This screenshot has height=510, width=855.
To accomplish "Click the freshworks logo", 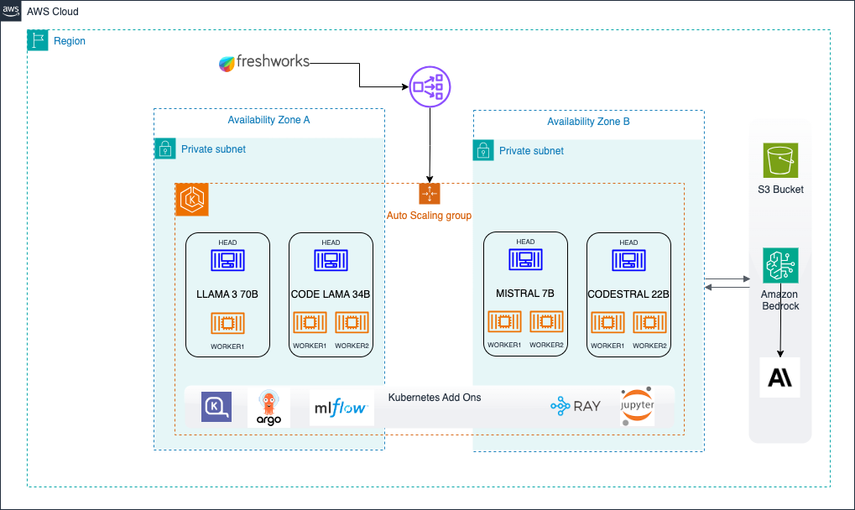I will (263, 62).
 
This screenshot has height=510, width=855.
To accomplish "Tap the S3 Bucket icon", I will (780, 159).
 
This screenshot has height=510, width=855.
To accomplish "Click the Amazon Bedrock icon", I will (780, 265).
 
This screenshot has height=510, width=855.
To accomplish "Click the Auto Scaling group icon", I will (430, 194).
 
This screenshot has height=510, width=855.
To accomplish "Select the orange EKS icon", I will (192, 200).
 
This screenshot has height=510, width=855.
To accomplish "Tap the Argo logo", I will (268, 409).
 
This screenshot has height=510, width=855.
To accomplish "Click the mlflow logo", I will (341, 408).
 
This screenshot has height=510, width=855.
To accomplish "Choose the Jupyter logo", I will (637, 407).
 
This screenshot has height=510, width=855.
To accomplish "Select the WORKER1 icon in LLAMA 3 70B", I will (227, 323).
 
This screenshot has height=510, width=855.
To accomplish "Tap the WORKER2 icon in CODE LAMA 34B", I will (352, 323).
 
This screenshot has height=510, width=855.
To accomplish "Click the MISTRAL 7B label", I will (525, 294).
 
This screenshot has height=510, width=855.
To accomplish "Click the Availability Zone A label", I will (268, 120).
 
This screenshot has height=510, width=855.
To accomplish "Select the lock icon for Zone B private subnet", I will (483, 150).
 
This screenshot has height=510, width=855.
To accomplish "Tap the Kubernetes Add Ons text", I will (435, 397).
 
